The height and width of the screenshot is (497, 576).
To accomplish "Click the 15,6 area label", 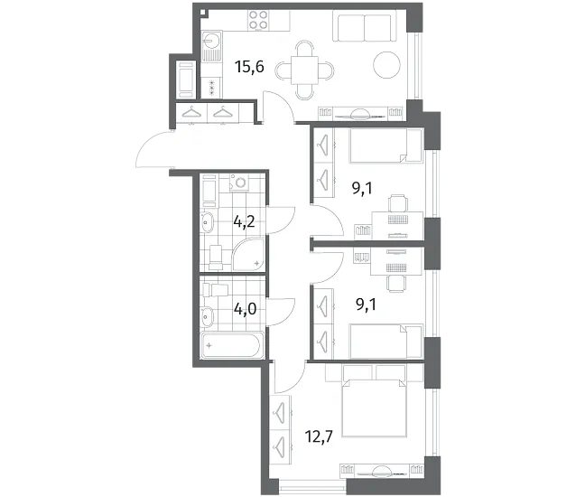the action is pos(250,67).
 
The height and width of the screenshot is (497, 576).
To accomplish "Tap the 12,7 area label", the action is pos(319,436).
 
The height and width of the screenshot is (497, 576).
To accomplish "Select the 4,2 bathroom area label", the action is pos(244,221).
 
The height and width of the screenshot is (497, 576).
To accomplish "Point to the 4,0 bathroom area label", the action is pos(245,309).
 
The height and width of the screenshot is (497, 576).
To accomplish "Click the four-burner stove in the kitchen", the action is pos(258,20).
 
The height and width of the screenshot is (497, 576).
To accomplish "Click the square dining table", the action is pos(304,70).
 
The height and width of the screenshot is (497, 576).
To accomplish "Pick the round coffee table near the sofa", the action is pos(386,65).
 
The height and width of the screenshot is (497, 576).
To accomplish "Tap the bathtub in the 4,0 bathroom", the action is pos(232,345).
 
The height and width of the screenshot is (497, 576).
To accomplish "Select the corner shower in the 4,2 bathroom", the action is pos(248,254).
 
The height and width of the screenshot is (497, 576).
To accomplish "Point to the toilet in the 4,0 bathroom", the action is pos(215,290).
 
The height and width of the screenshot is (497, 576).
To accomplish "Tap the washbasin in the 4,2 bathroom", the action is pos(207,222).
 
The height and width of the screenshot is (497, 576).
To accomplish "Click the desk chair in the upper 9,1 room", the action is pos(398,203).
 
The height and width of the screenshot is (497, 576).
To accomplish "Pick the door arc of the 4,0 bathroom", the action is pos(282,313).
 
